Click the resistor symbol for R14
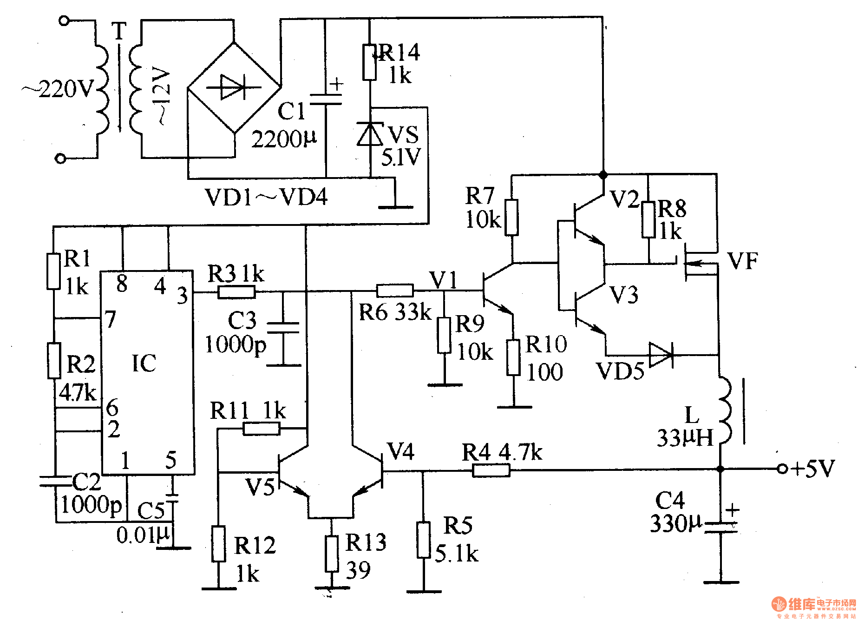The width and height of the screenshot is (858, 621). (x=369, y=62)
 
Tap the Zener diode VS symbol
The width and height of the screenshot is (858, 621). (x=370, y=134)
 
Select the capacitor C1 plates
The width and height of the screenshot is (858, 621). (x=325, y=99)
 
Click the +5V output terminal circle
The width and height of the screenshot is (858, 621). (x=782, y=469)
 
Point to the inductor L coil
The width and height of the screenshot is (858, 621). (x=724, y=411)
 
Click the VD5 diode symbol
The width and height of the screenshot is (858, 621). (x=661, y=355)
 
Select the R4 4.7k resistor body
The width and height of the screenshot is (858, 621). (x=491, y=470)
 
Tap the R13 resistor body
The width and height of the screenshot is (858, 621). (x=331, y=554)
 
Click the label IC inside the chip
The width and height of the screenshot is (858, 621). (x=144, y=363)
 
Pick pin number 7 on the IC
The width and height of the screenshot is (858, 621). (x=110, y=320)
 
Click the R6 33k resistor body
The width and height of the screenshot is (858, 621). (x=395, y=291)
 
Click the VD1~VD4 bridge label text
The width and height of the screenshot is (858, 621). (x=266, y=197)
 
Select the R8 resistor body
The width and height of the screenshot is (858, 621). (x=648, y=220)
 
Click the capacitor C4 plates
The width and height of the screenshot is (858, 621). (x=720, y=527)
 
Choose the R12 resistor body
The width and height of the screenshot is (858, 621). (x=218, y=544)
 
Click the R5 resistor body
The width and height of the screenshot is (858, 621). (x=423, y=540)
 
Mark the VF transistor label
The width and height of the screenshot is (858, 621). (x=742, y=261)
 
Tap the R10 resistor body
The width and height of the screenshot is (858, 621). (x=513, y=357)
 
